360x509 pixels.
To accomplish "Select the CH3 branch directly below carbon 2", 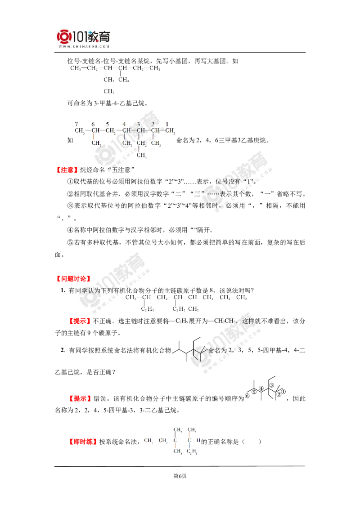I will [156, 143].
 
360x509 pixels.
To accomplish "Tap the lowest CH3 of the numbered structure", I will [142, 155].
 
